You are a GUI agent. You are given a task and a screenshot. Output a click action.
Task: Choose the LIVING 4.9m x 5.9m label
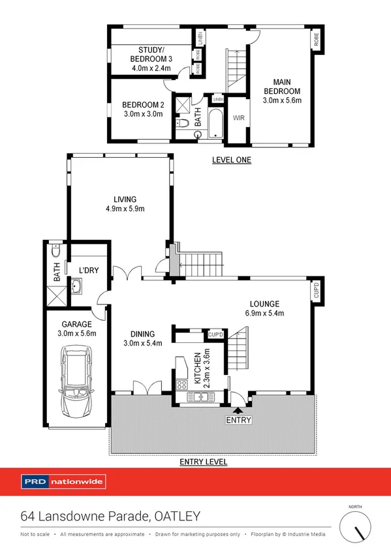pos(124,204)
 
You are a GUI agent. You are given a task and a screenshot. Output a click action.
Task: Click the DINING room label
pos(138,338)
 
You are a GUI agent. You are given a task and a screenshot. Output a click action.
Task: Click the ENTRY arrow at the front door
pos(237,411)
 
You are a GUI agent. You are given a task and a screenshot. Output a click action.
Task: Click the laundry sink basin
pos(78,286)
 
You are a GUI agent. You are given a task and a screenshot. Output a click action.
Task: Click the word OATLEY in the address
pos(178,516)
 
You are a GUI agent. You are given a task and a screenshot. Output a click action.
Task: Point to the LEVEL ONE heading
pos(232,160)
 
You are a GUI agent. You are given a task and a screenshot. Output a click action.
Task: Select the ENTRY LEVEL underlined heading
pos(204,462)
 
